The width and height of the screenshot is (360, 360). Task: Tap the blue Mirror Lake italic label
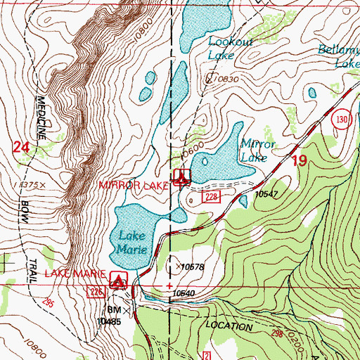point(255,150)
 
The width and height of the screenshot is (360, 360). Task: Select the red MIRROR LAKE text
point(134,185)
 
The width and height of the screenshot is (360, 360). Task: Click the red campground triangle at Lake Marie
point(120,281)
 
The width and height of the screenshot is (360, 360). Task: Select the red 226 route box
point(96,291)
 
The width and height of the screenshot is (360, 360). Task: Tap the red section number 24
point(22,147)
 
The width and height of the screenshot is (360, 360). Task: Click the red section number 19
point(300,161)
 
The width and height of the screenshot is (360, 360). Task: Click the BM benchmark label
point(114,309)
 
